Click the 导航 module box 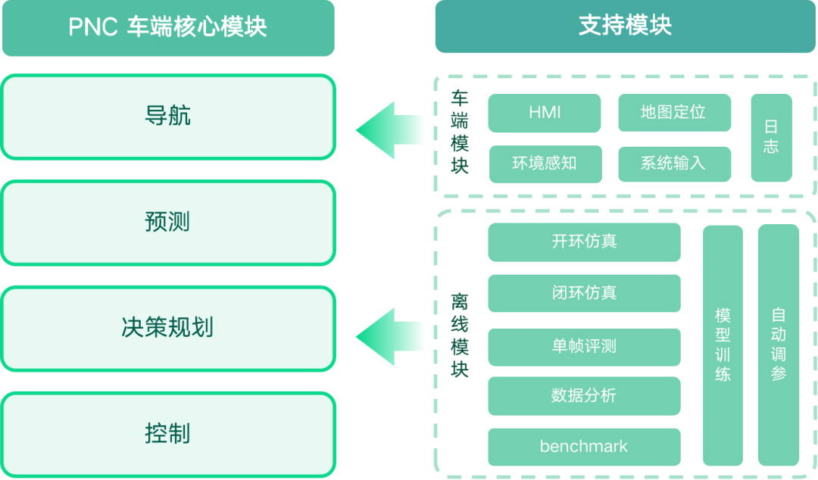pos(167,117)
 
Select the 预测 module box pos(167,223)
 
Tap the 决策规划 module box pos(167,328)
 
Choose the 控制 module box pos(167,434)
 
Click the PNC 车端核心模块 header pos(167,27)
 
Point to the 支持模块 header pos(625,26)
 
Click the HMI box pos(545,113)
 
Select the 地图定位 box pos(674,113)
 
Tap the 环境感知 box pos(545,164)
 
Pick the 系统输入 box pos(674,164)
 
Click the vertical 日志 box pos(771,138)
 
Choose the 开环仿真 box pos(584,242)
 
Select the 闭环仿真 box pos(584,293)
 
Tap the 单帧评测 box pos(584,347)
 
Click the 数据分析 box pos(584,395)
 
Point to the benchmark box pos(584,447)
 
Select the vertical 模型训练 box pos(723,344)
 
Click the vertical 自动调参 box pos(779,344)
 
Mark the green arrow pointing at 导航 pos(389,129)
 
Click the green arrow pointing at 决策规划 pos(389,336)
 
